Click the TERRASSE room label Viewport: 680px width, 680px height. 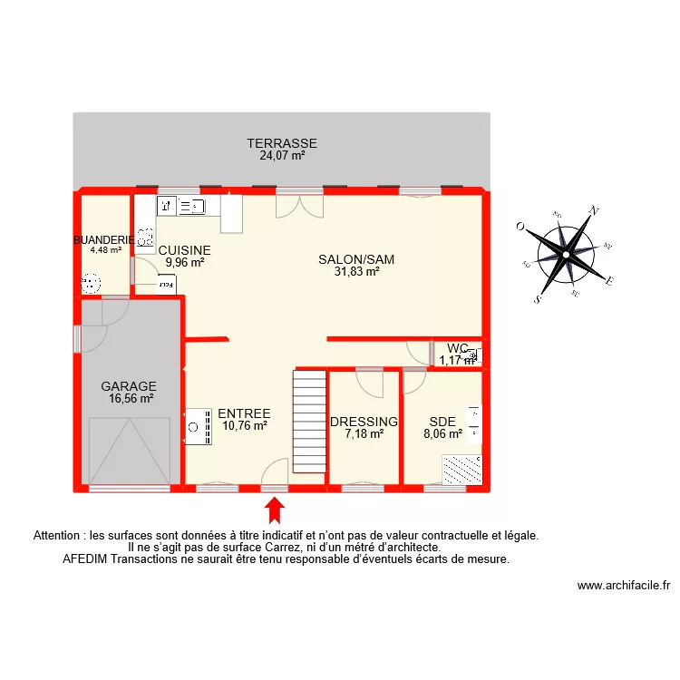pos(282,143)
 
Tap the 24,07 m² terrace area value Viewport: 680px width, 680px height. pos(282,155)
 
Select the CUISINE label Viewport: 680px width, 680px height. pos(184,250)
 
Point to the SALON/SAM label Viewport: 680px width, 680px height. pos(356,259)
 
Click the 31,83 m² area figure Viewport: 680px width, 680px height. pos(356,270)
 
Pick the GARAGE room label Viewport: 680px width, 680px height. pos(129,385)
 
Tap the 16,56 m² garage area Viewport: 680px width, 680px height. pos(129,397)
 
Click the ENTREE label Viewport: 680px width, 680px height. pos(244,413)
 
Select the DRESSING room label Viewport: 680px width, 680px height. pos(364,422)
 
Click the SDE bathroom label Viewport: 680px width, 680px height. pos(442,422)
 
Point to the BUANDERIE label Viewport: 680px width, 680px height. pos(103,240)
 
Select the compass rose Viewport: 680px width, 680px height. pos(564,254)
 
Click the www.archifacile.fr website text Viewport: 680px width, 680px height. pos(623,587)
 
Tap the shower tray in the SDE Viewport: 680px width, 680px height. pos(461,469)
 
